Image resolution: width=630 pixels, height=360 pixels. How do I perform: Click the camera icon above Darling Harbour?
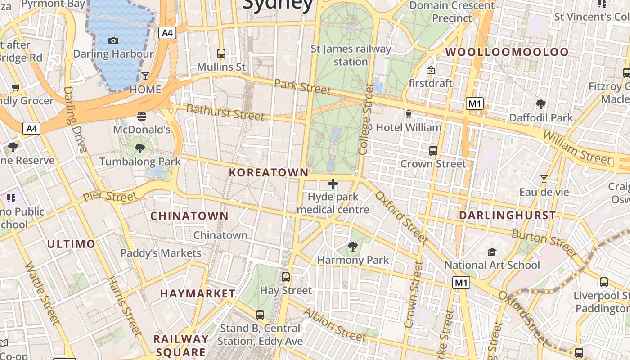pyautogui.click(x=113, y=41)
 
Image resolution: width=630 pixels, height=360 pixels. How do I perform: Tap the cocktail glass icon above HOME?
pyautogui.click(x=145, y=76)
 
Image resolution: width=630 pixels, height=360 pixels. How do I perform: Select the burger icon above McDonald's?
pyautogui.click(x=142, y=117)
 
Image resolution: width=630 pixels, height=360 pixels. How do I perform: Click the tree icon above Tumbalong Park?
pyautogui.click(x=140, y=148)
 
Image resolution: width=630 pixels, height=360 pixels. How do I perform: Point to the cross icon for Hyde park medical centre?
pyautogui.click(x=333, y=184)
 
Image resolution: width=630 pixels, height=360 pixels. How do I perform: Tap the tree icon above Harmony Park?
pyautogui.click(x=353, y=247)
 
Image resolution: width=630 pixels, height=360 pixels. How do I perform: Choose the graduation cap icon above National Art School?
pyautogui.click(x=492, y=252)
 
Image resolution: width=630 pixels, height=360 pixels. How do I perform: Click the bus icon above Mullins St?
pyautogui.click(x=221, y=54)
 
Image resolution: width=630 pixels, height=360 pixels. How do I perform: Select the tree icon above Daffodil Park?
pyautogui.click(x=541, y=104)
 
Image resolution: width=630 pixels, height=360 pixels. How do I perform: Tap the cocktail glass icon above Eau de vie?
pyautogui.click(x=544, y=179)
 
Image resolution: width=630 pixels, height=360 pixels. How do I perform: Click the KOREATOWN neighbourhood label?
pyautogui.click(x=269, y=172)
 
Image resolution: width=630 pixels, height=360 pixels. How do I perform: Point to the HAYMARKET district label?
pyautogui.click(x=198, y=294)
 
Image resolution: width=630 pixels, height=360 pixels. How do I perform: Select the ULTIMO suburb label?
pyautogui.click(x=71, y=244)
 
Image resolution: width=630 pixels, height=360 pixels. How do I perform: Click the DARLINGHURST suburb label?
pyautogui.click(x=507, y=216)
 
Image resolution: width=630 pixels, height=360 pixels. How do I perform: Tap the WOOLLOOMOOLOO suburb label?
pyautogui.click(x=507, y=52)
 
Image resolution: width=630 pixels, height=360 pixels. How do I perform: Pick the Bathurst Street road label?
pyautogui.click(x=225, y=112)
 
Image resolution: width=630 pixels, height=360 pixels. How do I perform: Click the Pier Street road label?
pyautogui.click(x=110, y=196)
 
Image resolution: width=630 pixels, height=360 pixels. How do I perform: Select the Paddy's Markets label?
pyautogui.click(x=161, y=253)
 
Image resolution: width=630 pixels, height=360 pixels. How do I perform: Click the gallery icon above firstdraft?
pyautogui.click(x=431, y=70)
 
